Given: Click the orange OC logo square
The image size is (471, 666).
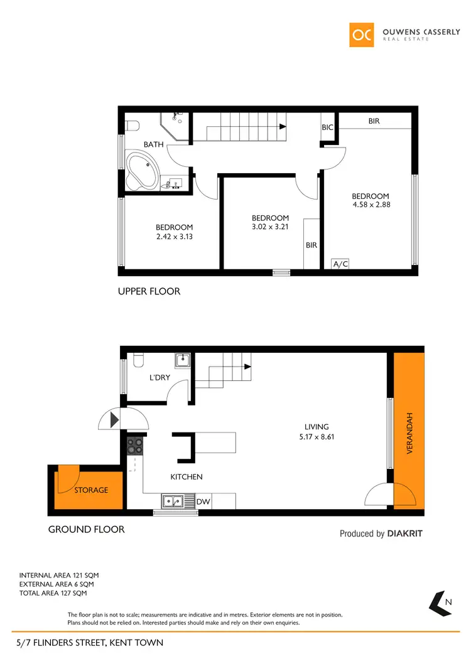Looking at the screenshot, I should [362, 35].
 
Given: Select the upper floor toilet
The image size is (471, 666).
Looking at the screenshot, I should [131, 126].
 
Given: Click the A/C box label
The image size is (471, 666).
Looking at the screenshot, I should [340, 264].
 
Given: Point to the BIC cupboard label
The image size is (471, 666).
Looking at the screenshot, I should [328, 127].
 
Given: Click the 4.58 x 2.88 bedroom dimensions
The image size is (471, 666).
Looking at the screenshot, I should [371, 204].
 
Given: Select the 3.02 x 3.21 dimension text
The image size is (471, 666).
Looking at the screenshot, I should [269, 227].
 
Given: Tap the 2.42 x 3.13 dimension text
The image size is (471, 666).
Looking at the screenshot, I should [174, 236].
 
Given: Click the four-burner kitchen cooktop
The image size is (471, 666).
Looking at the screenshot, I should [135, 446].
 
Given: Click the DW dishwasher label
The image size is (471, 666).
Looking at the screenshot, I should [203, 502].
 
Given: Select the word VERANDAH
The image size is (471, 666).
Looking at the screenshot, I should [410, 433].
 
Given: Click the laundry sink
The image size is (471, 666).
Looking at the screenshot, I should [183, 361].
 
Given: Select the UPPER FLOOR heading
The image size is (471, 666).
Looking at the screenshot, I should [149, 291].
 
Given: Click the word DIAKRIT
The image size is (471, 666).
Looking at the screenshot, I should [405, 534].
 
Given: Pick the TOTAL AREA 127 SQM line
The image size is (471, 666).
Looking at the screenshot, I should [53, 593].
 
